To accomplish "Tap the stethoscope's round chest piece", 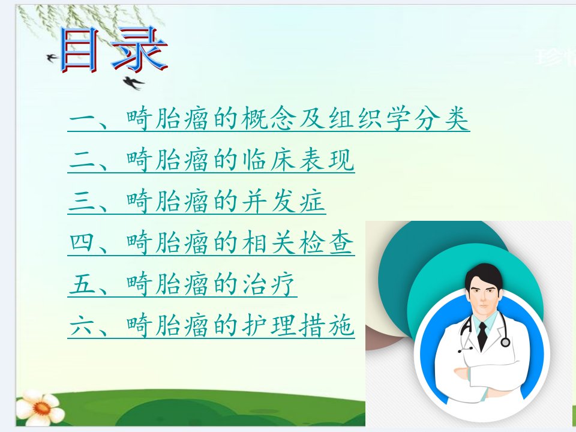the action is point(505,343).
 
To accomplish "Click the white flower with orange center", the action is point(40,408).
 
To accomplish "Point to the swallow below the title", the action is point(133,83).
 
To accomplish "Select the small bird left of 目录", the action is point(52,58).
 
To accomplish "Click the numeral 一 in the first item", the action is point(82,119).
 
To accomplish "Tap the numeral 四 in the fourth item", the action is point(82,242).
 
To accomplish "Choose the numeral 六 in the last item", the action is point(82,325).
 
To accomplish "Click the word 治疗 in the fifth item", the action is point(269,284).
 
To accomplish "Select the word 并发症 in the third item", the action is point(283,202).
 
